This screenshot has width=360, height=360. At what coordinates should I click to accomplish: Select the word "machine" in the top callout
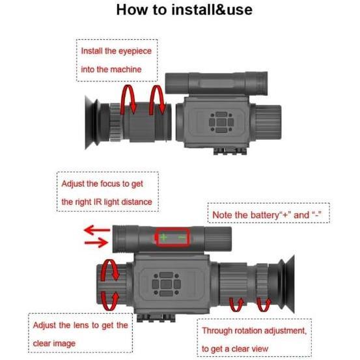(126, 68)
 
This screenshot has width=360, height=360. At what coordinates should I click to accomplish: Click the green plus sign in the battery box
(163, 238)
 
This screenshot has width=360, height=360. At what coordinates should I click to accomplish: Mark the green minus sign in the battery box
(182, 238)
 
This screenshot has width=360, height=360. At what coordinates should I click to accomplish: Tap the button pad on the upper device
(219, 122)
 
